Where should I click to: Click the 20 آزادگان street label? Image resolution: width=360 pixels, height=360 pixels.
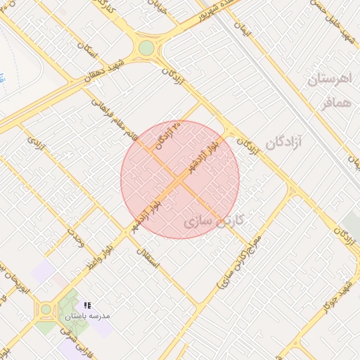pos(169,135)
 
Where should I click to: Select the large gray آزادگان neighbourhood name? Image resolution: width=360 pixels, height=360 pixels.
pos(283,143)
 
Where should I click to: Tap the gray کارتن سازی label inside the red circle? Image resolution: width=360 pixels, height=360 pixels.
pos(213,221)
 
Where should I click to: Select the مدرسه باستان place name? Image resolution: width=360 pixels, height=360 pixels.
pos(91,316)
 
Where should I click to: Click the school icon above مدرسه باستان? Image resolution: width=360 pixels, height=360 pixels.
pos(87,304)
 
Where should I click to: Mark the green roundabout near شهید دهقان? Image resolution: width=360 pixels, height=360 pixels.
pos(146,48)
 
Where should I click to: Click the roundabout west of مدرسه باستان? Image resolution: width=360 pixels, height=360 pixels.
pos(46,309)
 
